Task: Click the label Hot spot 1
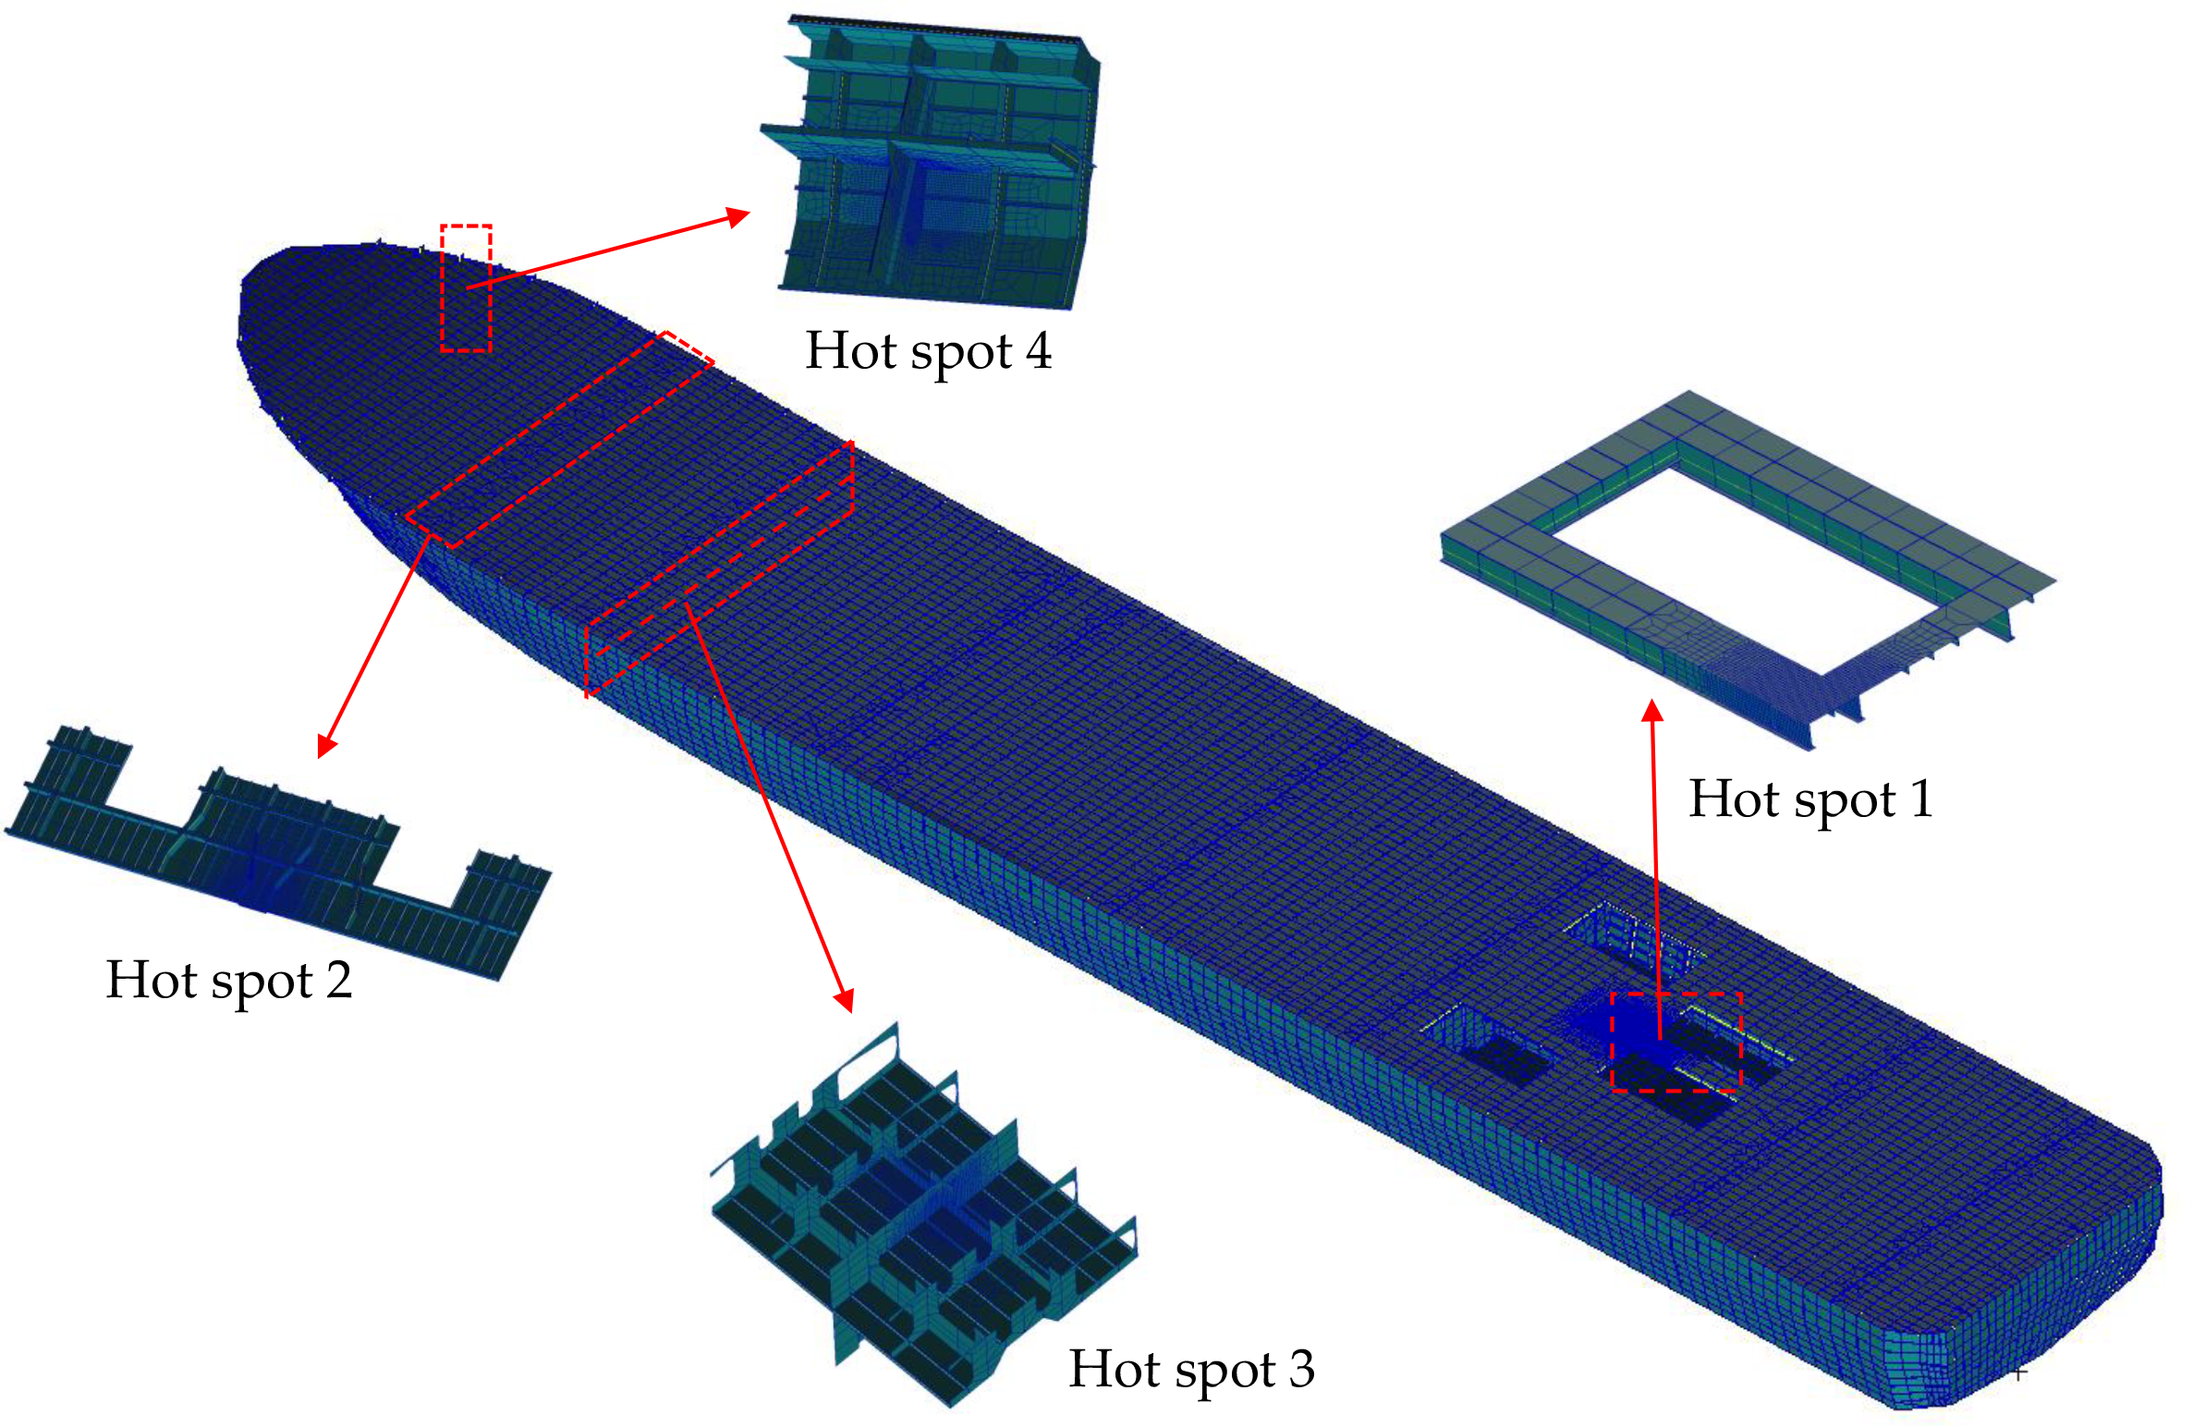pos(1810,799)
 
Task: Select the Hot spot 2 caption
pos(229,981)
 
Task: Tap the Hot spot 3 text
pos(1191,1370)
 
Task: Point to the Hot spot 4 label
pos(929,351)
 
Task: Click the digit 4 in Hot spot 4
pos(1039,350)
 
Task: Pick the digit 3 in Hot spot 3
pos(1301,1369)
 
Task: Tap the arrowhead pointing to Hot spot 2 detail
pos(325,745)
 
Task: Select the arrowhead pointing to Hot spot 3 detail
pos(844,999)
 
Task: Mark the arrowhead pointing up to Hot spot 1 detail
pos(1652,711)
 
